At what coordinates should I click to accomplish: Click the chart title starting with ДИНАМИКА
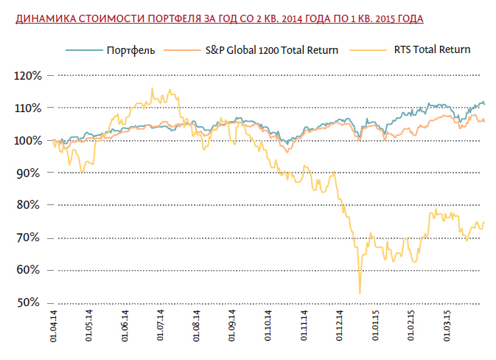click(223, 18)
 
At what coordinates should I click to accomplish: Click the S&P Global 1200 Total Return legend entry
click(272, 50)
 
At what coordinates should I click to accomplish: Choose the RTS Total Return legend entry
click(421, 50)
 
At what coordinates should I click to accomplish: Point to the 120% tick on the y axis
click(27, 75)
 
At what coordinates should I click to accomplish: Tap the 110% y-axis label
click(27, 108)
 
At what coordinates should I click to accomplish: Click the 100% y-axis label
click(27, 140)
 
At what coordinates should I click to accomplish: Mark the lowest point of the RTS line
click(360, 294)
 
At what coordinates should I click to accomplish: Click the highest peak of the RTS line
click(152, 89)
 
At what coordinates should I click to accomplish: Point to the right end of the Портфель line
click(485, 104)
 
